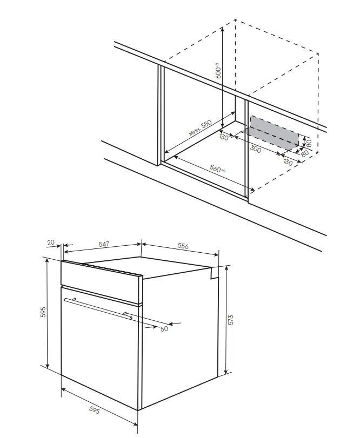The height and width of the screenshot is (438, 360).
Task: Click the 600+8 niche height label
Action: (218, 71)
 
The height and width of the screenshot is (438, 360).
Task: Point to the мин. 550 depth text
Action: (200, 128)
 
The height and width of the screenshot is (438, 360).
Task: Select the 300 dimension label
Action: (256, 149)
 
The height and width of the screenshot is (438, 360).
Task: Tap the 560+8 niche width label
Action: (218, 169)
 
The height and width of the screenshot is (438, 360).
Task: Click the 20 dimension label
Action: (51, 242)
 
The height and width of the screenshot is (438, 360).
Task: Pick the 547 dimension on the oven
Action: (104, 244)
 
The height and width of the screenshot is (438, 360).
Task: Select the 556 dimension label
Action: (183, 246)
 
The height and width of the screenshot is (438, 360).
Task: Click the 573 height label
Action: (231, 320)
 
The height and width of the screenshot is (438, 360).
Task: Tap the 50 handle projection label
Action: (164, 329)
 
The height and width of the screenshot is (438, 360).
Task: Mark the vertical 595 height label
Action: (43, 312)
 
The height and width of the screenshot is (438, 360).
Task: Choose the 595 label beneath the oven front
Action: (94, 410)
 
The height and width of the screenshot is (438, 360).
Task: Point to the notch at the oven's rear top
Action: (215, 273)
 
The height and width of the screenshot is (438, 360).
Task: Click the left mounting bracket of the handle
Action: (75, 299)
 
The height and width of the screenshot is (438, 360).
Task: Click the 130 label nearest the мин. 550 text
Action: (224, 137)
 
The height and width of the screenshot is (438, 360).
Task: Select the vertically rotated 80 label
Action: (309, 144)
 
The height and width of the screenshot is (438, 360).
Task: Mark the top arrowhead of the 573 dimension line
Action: (226, 267)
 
